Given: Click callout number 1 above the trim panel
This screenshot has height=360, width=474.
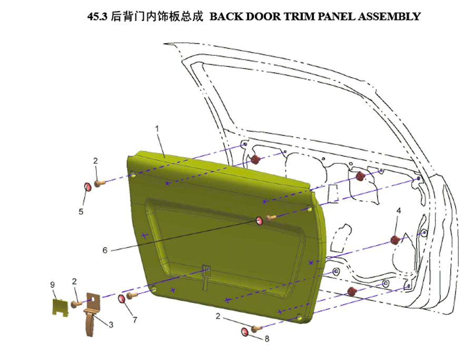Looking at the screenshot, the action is (157, 129).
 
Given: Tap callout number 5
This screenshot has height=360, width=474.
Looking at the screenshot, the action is (81, 211).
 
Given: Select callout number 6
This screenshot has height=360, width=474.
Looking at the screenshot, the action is (105, 250).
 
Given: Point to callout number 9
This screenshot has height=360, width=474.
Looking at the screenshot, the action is (52, 285).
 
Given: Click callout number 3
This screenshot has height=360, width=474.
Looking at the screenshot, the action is (111, 325).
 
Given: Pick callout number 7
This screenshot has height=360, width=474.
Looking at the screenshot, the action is (135, 319).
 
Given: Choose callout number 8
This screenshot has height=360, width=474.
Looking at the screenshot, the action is (267, 339).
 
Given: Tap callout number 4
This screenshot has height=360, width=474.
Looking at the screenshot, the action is (399, 210).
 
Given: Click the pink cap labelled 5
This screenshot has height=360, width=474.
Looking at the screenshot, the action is (87, 187).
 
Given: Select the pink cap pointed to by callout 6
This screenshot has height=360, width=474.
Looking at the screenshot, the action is (259, 220).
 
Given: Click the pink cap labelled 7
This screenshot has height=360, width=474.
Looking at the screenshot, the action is (122, 299).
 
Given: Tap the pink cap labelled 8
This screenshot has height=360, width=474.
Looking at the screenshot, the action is (245, 332).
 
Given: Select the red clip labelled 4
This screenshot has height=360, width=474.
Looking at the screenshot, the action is (394, 240).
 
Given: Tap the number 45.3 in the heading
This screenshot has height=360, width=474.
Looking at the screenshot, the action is (97, 16).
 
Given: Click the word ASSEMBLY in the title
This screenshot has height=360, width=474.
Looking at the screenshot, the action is (389, 16).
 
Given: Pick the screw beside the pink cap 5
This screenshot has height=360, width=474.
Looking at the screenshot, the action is (100, 183).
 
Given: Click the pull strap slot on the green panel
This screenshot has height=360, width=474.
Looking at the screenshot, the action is (206, 277).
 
